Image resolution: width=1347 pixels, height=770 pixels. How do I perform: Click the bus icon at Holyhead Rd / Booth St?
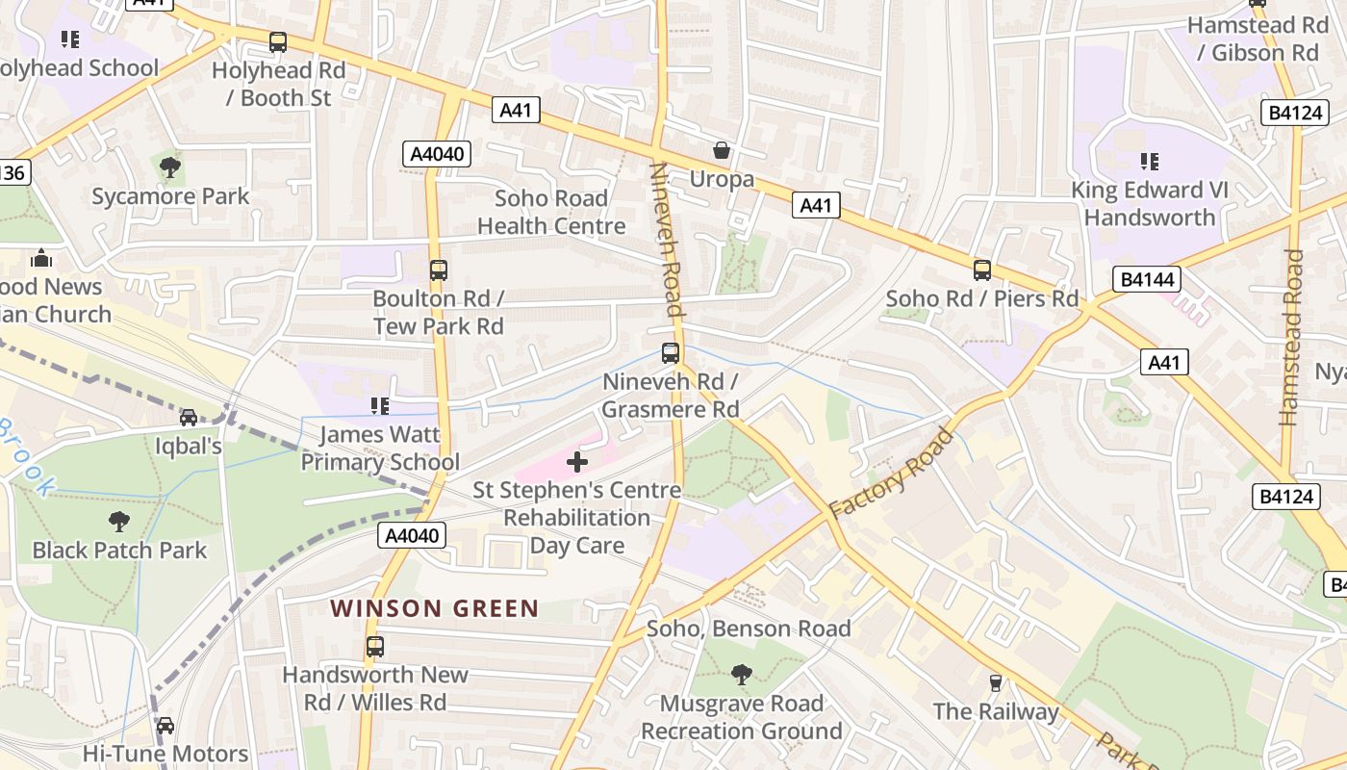[x=278, y=42]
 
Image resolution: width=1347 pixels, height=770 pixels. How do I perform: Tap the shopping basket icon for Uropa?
[x=721, y=150]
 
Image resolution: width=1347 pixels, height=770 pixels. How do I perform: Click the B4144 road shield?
[x=1148, y=280]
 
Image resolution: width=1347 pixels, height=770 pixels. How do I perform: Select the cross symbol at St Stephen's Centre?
[x=577, y=463]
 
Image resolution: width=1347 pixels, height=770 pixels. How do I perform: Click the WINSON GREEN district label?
[x=435, y=608]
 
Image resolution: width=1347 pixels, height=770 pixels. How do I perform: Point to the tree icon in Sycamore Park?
[x=170, y=167]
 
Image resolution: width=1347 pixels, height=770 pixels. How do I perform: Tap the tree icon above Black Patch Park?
[x=119, y=522]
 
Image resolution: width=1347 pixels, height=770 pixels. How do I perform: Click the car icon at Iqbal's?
[x=189, y=418]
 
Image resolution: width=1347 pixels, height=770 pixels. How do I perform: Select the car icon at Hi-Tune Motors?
[x=165, y=726]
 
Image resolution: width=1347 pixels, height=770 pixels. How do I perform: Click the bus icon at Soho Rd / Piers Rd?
[x=982, y=270]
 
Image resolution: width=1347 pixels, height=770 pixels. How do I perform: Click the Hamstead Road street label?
[x=1291, y=337]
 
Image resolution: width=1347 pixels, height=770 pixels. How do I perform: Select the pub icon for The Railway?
[x=996, y=683]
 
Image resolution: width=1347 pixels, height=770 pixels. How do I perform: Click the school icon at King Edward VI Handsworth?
[x=1150, y=161]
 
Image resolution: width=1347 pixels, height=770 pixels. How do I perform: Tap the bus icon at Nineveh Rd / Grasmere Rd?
[x=671, y=353]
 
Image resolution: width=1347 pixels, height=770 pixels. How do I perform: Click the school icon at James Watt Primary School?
[x=380, y=406]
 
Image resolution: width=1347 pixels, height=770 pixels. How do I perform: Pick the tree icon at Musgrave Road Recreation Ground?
[x=741, y=674]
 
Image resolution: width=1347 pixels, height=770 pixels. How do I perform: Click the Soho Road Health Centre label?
[x=551, y=212]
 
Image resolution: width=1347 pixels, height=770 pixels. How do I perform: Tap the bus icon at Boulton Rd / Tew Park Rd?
[x=439, y=270]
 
